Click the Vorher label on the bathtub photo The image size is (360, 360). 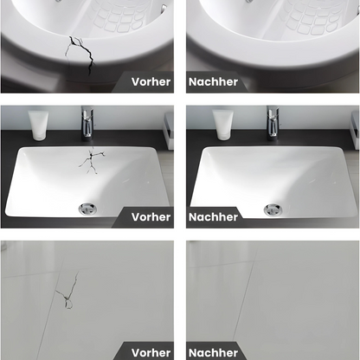point(151,82)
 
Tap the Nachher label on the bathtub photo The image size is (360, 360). point(213,82)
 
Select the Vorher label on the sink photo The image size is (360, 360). point(151,216)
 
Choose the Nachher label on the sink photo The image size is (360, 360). point(213,216)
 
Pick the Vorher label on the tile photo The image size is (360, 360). point(151,351)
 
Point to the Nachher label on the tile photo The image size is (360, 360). point(213,351)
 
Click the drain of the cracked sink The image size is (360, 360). point(87,208)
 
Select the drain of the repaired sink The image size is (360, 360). point(271,208)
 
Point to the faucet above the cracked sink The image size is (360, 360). point(87,122)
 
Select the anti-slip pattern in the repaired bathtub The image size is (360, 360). point(312,16)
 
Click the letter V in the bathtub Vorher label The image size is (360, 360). point(135,82)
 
